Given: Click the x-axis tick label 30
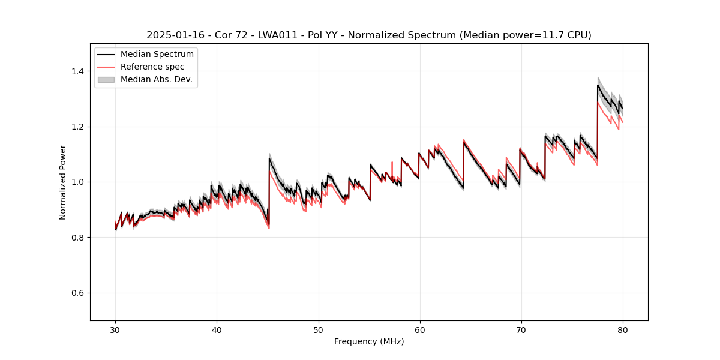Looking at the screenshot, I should click(x=115, y=329).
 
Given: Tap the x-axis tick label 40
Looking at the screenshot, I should click(x=217, y=329).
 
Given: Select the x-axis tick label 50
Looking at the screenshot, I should click(x=318, y=329).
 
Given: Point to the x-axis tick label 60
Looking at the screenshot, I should click(x=419, y=329).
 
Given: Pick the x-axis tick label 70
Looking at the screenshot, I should click(x=521, y=329).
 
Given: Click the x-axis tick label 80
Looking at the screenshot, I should click(x=622, y=329).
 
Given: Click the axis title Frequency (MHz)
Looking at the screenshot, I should click(x=369, y=341).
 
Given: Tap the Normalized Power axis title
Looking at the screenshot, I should click(x=63, y=182).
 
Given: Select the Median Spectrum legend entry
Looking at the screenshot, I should click(x=157, y=55).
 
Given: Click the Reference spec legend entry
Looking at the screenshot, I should click(x=152, y=67).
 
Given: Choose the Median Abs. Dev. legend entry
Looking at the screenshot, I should click(x=156, y=79).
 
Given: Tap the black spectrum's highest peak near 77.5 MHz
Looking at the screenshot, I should click(x=598, y=85).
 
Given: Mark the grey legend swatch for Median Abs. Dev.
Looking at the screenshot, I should click(x=106, y=79).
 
